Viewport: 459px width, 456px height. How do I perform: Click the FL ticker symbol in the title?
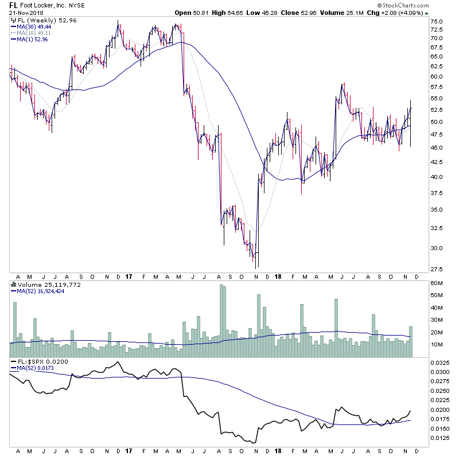13,5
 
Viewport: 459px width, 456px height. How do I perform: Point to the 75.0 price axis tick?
437,22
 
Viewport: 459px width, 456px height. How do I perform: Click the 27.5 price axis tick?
437,269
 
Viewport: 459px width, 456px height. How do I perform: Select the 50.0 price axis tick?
437,122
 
